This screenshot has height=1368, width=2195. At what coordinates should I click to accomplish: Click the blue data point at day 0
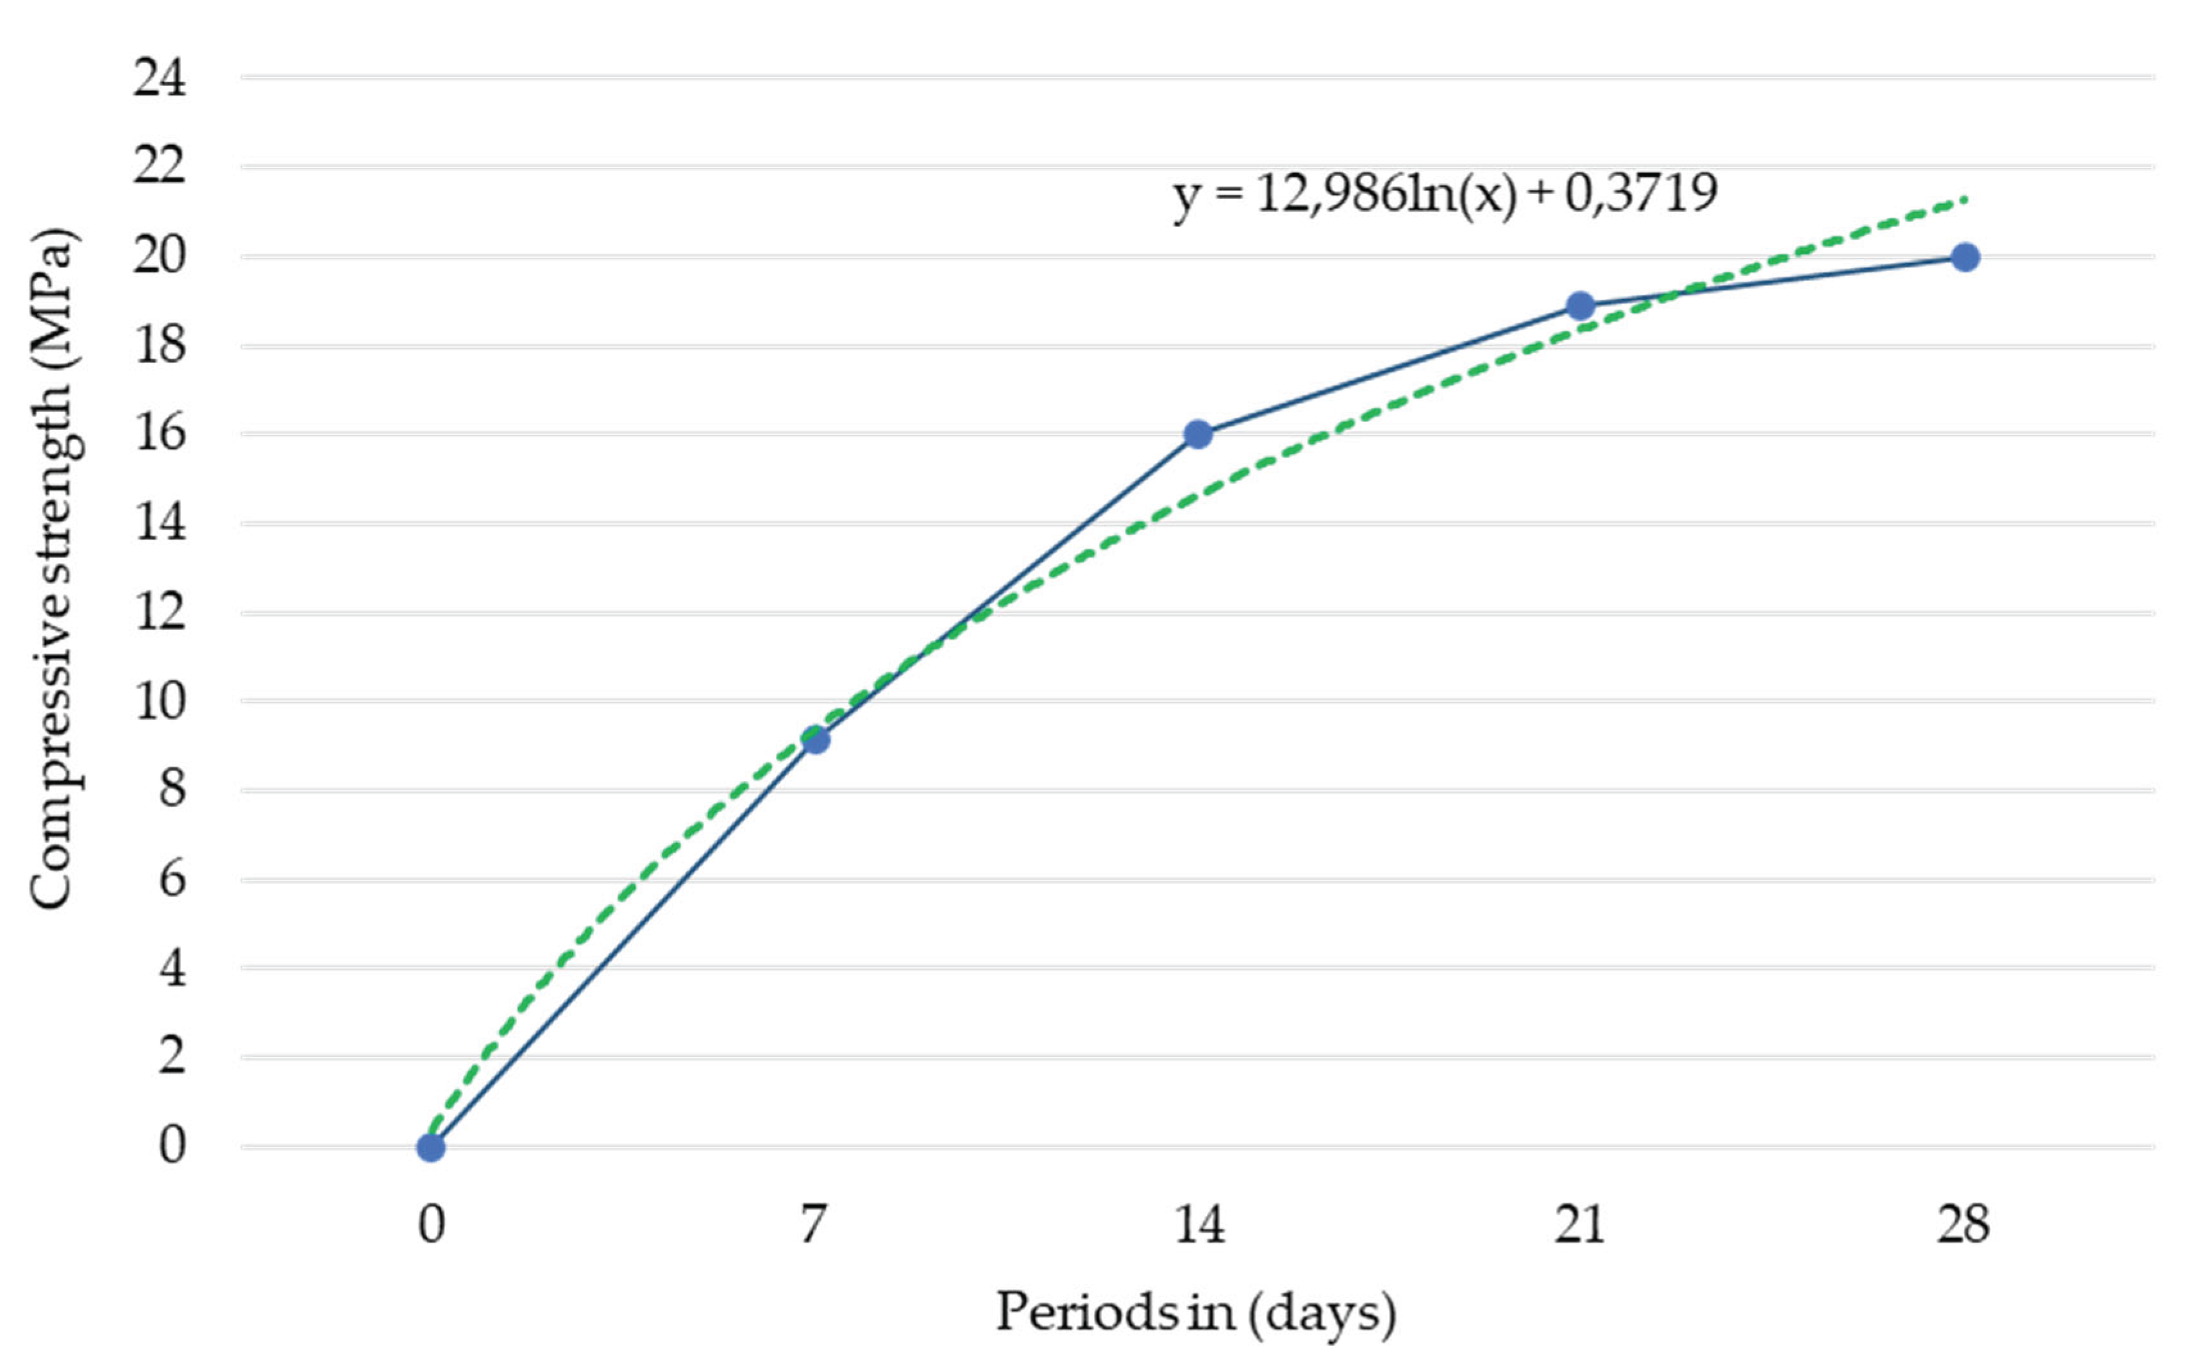(430, 1148)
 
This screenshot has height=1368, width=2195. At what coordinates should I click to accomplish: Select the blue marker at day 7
(815, 740)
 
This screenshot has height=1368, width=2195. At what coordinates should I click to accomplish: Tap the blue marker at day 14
(1197, 434)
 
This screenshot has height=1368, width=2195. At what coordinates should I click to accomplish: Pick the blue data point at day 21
(1580, 306)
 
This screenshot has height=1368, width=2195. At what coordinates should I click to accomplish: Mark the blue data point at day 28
(1964, 258)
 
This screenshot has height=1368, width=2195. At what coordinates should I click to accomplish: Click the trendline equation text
(1444, 194)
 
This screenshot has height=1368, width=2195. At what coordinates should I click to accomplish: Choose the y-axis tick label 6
(172, 879)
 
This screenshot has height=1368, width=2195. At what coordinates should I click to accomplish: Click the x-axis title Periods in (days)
(1196, 1313)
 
